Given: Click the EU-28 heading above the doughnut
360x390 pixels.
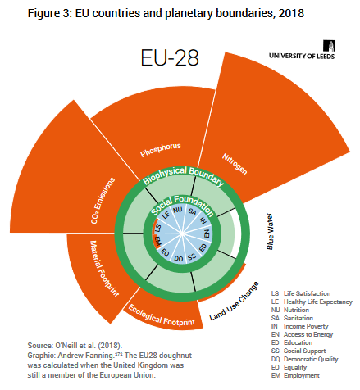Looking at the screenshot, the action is [x=170, y=57].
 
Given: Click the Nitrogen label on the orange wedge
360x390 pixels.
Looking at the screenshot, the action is [x=235, y=164].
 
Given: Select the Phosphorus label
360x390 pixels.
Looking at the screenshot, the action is [x=161, y=150].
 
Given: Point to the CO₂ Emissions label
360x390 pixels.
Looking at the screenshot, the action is [x=103, y=201].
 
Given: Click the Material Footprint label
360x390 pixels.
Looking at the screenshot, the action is [x=104, y=269].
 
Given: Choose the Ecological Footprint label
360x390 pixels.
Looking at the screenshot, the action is [x=162, y=315].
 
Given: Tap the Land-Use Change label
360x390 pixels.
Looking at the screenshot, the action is [x=234, y=301].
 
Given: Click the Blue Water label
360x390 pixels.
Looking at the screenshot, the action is [x=270, y=231].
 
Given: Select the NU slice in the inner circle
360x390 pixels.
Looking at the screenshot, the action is [x=177, y=210].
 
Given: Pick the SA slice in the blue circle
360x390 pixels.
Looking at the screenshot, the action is [x=192, y=211].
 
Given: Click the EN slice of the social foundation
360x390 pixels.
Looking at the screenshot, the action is [x=207, y=234].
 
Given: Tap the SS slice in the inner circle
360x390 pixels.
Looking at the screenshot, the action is [x=192, y=257].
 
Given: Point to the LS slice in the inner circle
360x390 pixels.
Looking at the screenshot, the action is [x=157, y=228].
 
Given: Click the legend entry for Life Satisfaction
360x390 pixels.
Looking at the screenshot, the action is [x=301, y=293].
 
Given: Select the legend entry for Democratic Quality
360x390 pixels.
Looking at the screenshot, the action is [x=305, y=359].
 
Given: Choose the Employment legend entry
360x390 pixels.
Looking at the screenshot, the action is [x=295, y=375].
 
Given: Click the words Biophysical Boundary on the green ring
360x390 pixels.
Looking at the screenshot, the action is [x=184, y=175].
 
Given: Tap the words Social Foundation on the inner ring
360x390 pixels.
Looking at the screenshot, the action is [x=182, y=204].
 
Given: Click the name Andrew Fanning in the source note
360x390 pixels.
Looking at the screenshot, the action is [x=85, y=356].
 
